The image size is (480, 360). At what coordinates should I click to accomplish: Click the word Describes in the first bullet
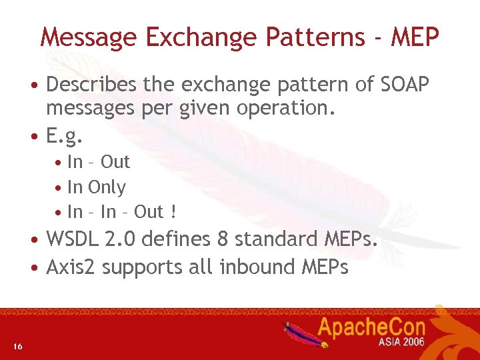coord(91,85)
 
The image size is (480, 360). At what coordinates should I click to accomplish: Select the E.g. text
coord(65,137)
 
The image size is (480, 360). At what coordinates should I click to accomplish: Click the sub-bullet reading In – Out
coord(99,162)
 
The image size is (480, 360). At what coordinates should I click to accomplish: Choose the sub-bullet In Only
coord(97,187)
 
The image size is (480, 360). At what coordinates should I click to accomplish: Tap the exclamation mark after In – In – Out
coord(173,212)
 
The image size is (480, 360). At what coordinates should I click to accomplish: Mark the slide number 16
coord(18,346)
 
